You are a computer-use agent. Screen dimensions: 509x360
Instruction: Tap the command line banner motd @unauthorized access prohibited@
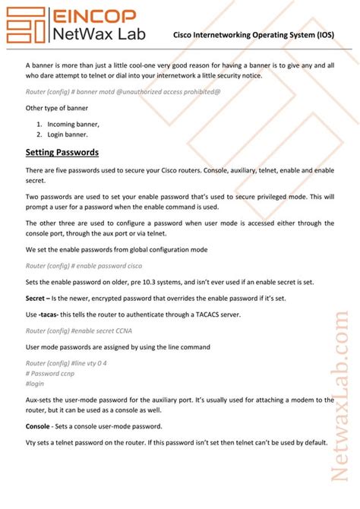112,92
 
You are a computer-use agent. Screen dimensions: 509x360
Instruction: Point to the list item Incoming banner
73,123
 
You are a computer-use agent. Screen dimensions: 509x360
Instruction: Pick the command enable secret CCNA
82,330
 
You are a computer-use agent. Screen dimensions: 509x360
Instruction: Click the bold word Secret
38,298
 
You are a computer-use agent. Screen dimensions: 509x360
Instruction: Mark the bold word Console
38,425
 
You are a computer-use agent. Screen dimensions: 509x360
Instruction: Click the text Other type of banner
56,108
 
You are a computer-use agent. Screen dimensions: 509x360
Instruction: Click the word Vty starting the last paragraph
32,441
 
